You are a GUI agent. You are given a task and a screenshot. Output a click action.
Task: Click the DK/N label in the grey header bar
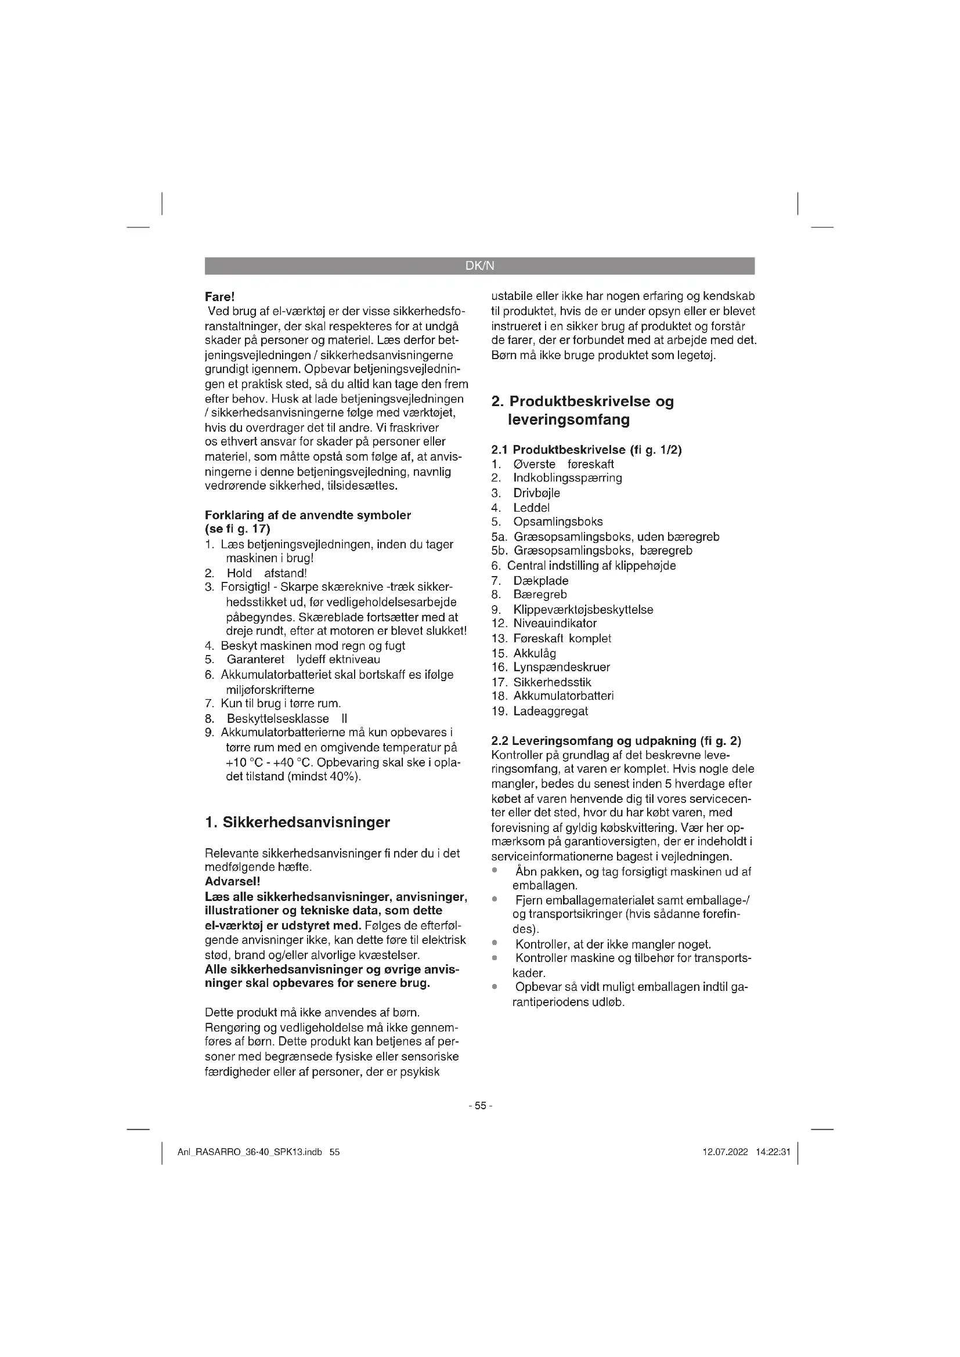[479, 266]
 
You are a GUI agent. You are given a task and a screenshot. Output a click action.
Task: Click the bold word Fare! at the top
[220, 296]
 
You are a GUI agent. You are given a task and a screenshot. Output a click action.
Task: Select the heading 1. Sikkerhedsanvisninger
[297, 822]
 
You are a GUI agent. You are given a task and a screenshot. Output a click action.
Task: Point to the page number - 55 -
[480, 1105]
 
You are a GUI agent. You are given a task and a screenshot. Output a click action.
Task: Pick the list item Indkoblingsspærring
[568, 477]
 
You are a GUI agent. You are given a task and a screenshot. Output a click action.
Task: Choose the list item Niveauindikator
[555, 623]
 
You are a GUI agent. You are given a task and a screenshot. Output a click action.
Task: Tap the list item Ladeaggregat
[550, 711]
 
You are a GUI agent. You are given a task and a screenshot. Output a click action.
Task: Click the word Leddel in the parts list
[532, 507]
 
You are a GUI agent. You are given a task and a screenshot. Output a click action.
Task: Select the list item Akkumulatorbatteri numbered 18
[564, 696]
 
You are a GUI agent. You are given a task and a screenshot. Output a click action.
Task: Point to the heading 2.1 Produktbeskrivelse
[586, 450]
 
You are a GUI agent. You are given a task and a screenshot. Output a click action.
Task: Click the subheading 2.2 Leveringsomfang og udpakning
[616, 740]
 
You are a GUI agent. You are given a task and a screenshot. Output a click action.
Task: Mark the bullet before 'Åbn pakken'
[494, 870]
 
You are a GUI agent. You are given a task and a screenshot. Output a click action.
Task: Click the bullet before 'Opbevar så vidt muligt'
[494, 986]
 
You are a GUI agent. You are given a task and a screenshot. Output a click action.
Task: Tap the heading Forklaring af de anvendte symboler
[308, 515]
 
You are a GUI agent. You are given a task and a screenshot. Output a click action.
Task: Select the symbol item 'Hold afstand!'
[266, 573]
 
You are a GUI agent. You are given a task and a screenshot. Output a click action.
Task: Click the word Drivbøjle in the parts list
[537, 493]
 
